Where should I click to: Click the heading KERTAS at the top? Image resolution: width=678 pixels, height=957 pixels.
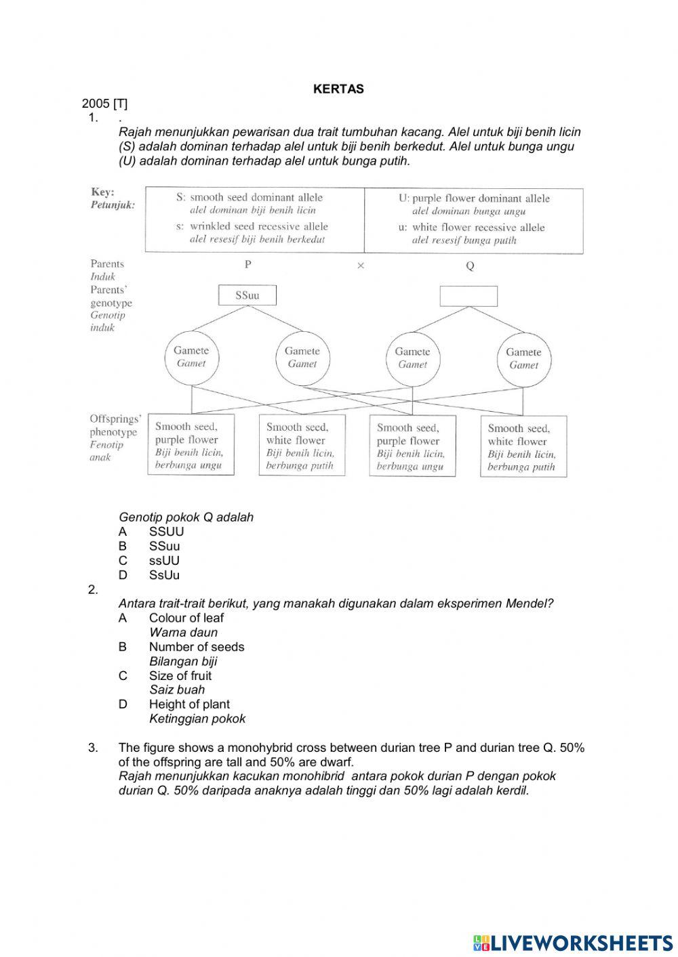point(338,89)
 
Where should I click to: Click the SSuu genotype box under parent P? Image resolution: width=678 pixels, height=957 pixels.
point(247,295)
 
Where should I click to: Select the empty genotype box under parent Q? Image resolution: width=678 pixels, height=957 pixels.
point(468,296)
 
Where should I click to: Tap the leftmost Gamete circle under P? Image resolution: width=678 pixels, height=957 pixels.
point(191,357)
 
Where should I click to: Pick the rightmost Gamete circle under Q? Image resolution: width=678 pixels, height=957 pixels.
point(523,358)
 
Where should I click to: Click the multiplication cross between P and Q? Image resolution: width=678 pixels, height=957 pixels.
point(361,265)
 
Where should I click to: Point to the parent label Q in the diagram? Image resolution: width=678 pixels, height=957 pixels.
point(470,266)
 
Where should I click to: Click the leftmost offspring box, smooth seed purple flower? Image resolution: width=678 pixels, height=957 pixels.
point(191,445)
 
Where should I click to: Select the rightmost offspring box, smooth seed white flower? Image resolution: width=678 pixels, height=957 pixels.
point(523,447)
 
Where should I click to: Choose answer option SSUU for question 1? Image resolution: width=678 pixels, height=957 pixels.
point(166,532)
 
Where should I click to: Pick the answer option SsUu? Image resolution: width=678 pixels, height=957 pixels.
point(164,575)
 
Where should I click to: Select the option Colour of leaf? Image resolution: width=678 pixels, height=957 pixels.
point(186,618)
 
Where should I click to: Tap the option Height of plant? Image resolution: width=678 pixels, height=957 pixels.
point(189,704)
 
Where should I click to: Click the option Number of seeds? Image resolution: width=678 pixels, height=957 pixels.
point(197,647)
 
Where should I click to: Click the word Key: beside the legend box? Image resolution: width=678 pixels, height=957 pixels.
point(102,192)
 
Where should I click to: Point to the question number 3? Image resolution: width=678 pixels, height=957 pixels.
point(93,748)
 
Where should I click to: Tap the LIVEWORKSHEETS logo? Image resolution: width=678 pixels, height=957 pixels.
point(573,942)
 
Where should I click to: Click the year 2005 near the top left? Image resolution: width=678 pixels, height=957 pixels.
point(96,104)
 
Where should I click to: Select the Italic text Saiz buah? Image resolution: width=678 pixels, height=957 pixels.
point(177,690)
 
